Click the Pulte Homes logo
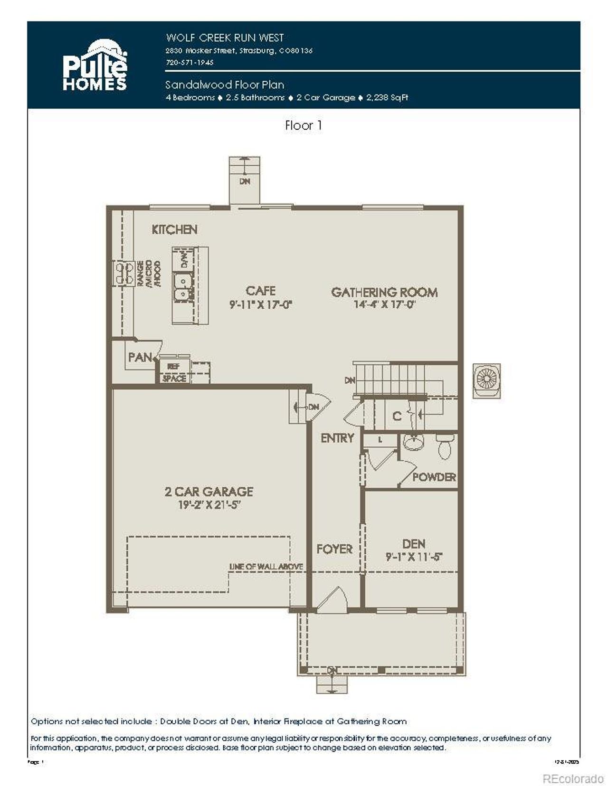coord(95,65)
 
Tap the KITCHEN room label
coord(174,229)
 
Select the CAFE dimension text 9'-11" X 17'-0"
coord(260,304)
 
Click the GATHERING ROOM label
coord(384,292)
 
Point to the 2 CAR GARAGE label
coord(209,492)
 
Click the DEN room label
coord(413,544)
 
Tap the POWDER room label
coord(434,477)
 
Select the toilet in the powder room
coord(445,446)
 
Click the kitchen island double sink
coord(182,288)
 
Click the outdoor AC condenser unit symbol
coord(486,380)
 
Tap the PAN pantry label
coord(140,357)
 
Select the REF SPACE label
coord(174,373)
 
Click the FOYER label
coord(334,549)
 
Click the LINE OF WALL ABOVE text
coord(266,567)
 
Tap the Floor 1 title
coord(303,125)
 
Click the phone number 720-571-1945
coord(190,62)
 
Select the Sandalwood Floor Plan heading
coord(225,85)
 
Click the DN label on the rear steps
coord(245,181)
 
